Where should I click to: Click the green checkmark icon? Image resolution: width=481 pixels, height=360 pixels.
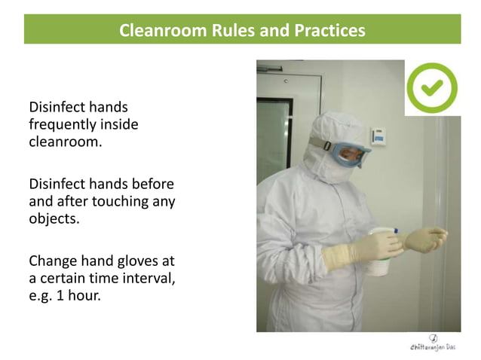pos(432,88)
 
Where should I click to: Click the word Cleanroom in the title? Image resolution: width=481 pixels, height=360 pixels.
pos(158,31)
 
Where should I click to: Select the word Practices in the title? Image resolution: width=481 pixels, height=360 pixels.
pos(329,31)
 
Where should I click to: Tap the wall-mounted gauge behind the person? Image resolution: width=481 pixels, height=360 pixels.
pos(379,136)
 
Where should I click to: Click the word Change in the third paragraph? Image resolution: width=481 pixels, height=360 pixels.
pos(53,261)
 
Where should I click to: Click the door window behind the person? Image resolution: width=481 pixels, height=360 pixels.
pos(272,143)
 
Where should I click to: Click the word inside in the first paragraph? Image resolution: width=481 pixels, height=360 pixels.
pos(121,125)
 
